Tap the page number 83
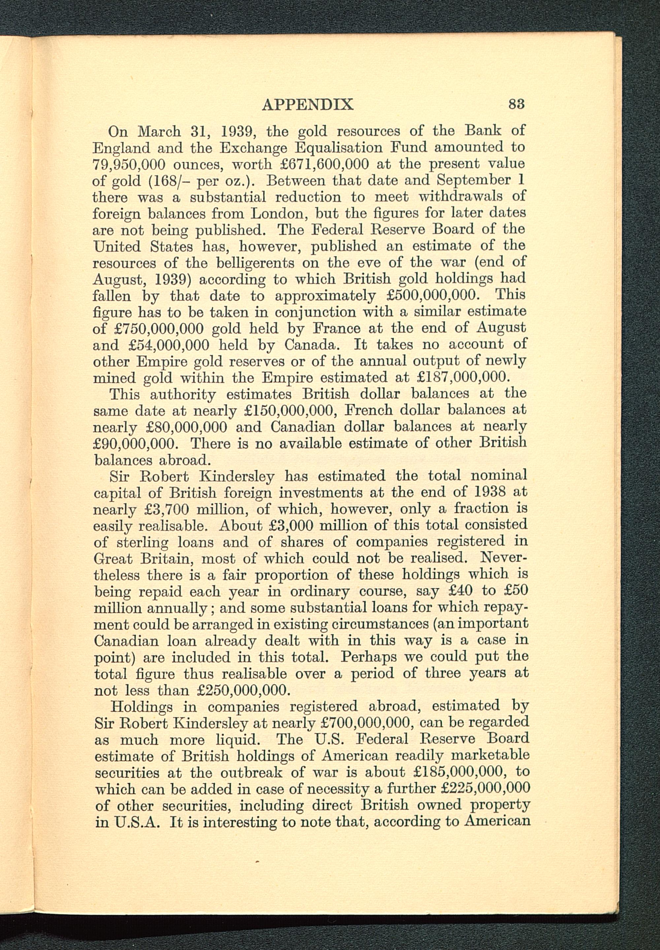click(x=516, y=103)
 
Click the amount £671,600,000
click(x=324, y=164)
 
